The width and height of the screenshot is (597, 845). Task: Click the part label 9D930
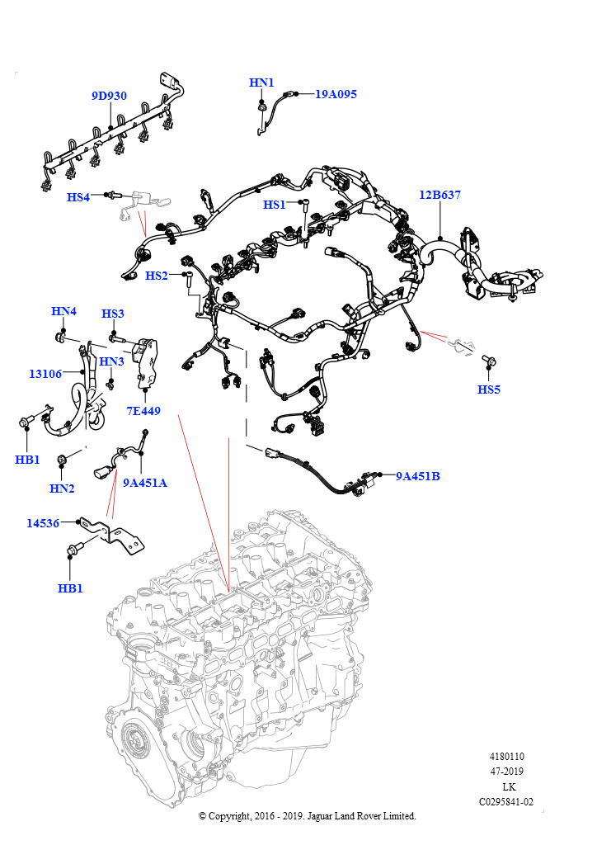pyautogui.click(x=109, y=96)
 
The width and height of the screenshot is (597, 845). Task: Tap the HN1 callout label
pyautogui.click(x=261, y=83)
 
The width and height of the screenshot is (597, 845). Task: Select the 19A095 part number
pyautogui.click(x=336, y=94)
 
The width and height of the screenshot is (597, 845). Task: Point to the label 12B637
pyautogui.click(x=440, y=196)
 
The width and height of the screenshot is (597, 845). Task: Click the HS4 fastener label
pyautogui.click(x=78, y=197)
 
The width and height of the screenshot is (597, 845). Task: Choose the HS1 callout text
pyautogui.click(x=274, y=205)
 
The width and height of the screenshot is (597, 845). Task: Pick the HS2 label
pyautogui.click(x=156, y=276)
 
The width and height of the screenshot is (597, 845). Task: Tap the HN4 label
pyautogui.click(x=63, y=311)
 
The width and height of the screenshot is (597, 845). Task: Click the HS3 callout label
pyautogui.click(x=113, y=314)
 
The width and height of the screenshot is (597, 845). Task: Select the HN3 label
pyautogui.click(x=111, y=361)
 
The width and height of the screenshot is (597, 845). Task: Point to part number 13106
pyautogui.click(x=45, y=374)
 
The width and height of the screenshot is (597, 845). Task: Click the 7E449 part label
pyautogui.click(x=143, y=410)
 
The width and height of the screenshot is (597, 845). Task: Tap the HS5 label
pyautogui.click(x=489, y=389)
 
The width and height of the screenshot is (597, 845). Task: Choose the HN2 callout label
pyautogui.click(x=62, y=489)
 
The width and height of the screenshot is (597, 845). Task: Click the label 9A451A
pyautogui.click(x=145, y=483)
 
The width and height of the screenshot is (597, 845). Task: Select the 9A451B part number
pyautogui.click(x=417, y=476)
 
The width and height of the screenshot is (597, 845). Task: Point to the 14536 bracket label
pyautogui.click(x=43, y=522)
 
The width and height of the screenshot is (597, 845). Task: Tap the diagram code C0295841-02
pyautogui.click(x=506, y=801)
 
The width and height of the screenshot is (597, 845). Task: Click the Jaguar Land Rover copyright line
pyautogui.click(x=308, y=816)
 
